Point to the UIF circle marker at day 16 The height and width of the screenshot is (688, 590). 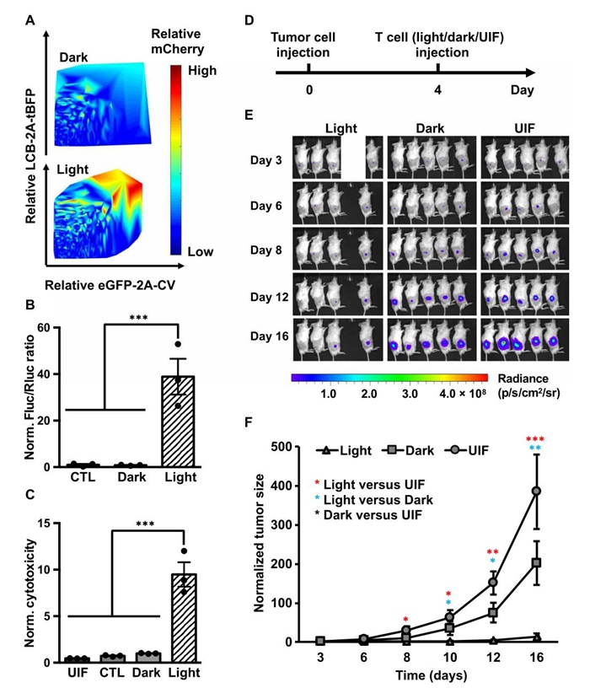[535, 491]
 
